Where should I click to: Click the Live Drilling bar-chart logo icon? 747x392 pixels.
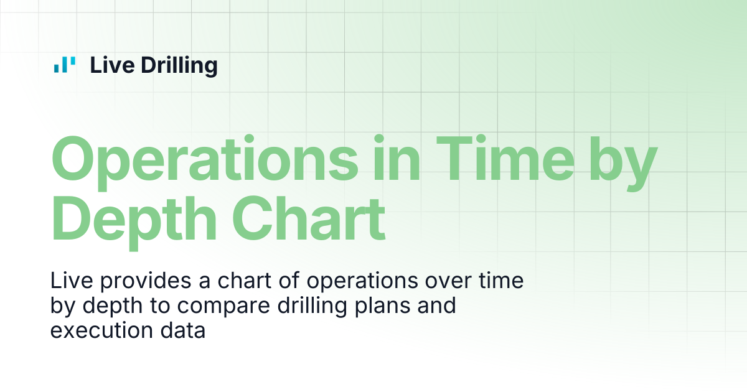pos(65,64)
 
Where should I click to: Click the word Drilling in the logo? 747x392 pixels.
pos(179,66)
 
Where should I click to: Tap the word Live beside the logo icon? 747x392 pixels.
pos(113,65)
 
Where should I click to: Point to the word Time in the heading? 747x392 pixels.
pos(505,157)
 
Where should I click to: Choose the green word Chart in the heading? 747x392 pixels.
pos(309,218)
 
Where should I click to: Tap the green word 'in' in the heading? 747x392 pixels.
pos(397,157)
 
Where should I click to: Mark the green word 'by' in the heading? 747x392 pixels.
pos(623,163)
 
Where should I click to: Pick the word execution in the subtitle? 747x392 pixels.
pos(101,330)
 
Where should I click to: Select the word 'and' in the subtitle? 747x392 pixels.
pos(436,306)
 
